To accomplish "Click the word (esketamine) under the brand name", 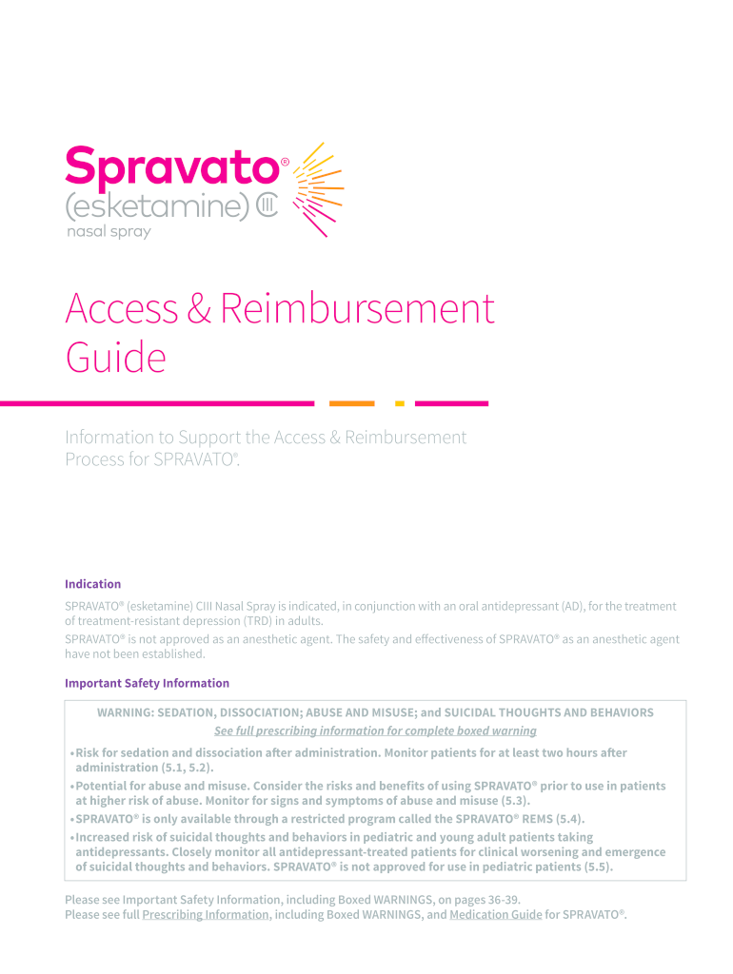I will point(157,206).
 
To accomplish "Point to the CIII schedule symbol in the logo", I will point(267,206).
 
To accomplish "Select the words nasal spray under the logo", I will point(108,232).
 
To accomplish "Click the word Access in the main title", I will point(121,309).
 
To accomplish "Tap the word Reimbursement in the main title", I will point(357,309).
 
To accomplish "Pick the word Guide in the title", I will point(115,359).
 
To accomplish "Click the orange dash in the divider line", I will point(351,403).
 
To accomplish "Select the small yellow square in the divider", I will point(400,403).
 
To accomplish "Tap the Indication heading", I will point(92,584).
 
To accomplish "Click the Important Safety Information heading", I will point(147,683).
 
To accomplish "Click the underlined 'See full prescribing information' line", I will point(375,730).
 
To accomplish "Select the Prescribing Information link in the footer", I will point(205,914).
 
